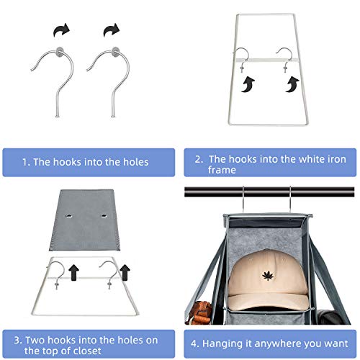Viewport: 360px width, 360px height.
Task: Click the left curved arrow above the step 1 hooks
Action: point(61,30)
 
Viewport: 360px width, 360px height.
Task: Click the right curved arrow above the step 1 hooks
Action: point(112,30)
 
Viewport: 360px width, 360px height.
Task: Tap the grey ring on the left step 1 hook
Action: point(59,52)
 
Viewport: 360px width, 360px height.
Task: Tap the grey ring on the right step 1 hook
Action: point(116,52)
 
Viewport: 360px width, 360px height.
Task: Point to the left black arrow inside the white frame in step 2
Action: point(248,85)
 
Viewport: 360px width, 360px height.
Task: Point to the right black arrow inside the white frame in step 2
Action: point(292,84)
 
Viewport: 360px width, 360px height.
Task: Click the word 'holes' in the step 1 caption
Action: point(136,162)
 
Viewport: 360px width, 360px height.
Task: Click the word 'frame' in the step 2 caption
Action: point(222,170)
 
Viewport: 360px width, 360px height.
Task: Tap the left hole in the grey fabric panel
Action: point(69,216)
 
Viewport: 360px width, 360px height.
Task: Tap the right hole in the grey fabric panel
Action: point(104,215)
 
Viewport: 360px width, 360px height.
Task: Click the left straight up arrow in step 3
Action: point(73,272)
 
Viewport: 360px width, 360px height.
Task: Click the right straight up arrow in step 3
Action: point(125,272)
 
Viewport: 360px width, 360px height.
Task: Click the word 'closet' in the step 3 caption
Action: point(87,351)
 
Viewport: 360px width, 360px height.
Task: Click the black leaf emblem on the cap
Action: point(268,276)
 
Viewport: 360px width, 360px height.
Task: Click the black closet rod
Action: point(269,192)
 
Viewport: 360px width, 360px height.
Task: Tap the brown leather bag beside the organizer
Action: point(199,312)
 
